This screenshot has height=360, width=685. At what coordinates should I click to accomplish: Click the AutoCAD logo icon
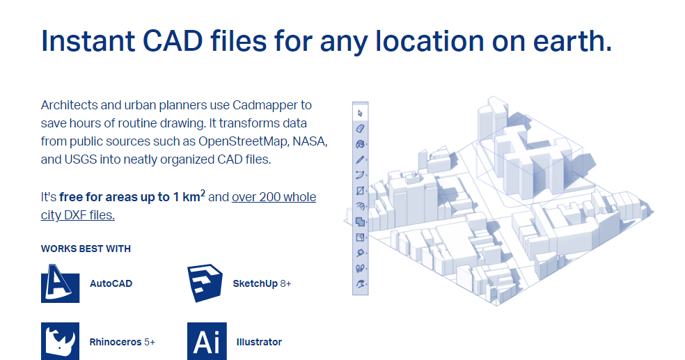click(x=60, y=283)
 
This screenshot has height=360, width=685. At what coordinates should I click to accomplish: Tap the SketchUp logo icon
click(x=206, y=283)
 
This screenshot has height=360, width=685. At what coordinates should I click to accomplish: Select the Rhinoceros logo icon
click(x=60, y=341)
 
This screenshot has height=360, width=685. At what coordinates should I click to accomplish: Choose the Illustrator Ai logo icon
click(x=206, y=341)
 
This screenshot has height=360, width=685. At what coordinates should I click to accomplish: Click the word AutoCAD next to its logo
click(x=111, y=284)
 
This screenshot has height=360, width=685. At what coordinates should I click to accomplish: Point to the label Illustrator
click(x=259, y=342)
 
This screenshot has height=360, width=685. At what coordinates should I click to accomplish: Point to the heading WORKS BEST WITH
click(x=86, y=249)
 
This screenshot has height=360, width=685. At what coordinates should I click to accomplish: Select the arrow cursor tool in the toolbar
click(x=360, y=113)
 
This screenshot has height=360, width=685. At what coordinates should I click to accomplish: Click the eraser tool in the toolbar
click(x=360, y=128)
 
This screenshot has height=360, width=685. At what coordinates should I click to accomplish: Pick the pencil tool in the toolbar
click(x=360, y=159)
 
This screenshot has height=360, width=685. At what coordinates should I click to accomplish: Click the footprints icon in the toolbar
click(x=360, y=268)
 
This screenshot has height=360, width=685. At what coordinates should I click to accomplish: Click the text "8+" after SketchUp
click(x=285, y=284)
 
